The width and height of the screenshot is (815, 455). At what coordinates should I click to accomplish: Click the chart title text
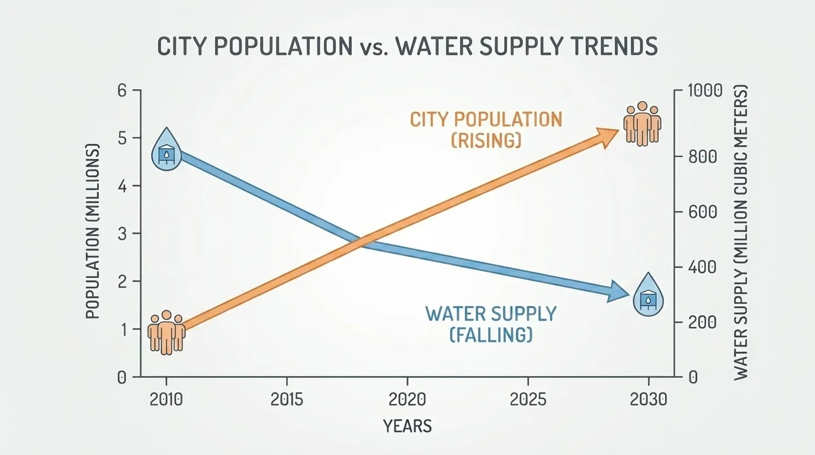(407, 46)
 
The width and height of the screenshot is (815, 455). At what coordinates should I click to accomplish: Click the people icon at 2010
(166, 332)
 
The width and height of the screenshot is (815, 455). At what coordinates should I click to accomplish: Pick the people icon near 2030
(642, 124)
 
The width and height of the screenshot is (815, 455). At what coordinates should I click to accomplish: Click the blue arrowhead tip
(628, 293)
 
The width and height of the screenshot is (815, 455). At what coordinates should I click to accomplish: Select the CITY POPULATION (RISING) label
(486, 129)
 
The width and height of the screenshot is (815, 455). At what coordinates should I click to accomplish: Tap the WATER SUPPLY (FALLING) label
(491, 323)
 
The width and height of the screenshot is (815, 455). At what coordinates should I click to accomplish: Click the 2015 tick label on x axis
(287, 399)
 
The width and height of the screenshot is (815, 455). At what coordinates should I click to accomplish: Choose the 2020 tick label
(407, 399)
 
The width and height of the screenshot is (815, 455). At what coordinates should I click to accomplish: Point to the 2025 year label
(528, 399)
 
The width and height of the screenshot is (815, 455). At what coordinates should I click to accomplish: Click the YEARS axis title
(407, 425)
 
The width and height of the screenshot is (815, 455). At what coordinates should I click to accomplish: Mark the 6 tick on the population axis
(123, 91)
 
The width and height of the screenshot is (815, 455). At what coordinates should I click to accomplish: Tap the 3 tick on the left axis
(123, 233)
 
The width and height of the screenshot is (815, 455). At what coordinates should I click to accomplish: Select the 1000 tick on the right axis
(705, 91)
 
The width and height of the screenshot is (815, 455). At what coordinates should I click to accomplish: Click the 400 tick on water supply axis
(702, 267)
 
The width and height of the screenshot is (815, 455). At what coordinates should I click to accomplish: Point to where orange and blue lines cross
(361, 241)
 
